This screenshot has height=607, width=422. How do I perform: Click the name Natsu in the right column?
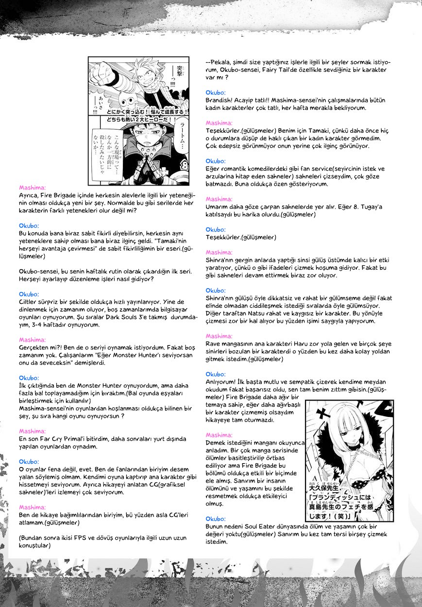[x=260, y=313]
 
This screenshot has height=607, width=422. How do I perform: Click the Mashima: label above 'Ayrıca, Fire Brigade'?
[x=33, y=187]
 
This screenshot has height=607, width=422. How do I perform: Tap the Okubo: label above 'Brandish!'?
[x=216, y=92]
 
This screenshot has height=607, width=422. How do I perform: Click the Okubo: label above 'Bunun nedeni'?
[x=216, y=519]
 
